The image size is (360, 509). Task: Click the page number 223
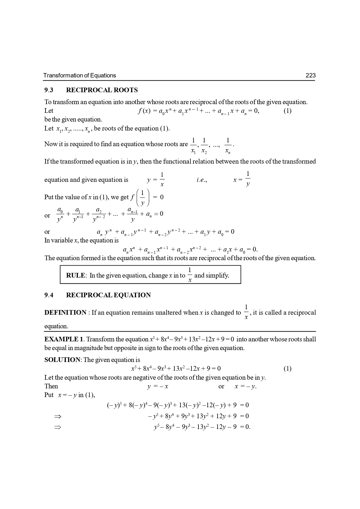click(310, 75)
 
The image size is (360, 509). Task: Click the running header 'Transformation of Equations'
click(79, 75)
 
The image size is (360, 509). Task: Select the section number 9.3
click(49, 90)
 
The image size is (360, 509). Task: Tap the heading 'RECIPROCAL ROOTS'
click(102, 90)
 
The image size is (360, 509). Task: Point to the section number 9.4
click(49, 295)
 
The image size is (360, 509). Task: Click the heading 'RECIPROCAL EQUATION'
click(108, 295)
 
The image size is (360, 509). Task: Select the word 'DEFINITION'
click(65, 313)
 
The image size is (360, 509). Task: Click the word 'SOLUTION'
click(62, 360)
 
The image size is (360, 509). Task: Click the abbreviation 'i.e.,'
click(202, 180)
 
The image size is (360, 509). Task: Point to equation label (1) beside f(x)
click(287, 111)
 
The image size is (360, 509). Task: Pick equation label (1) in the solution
click(287, 369)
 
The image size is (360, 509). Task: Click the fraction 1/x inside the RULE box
click(190, 275)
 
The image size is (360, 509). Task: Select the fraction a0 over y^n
click(60, 215)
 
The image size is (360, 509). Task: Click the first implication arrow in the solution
click(58, 416)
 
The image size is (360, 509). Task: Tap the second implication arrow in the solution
click(58, 427)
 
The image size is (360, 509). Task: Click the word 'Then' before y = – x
click(51, 386)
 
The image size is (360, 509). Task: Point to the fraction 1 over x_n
click(228, 146)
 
